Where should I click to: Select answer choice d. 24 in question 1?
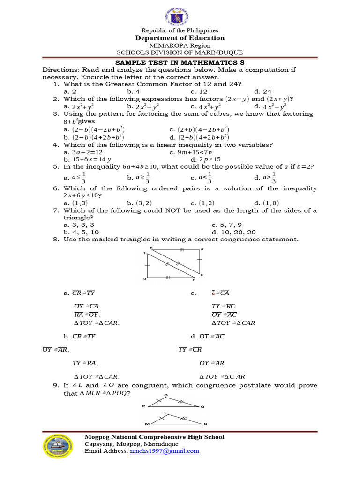coord(262,91)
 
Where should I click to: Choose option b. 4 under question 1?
coord(134,91)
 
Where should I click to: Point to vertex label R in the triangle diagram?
coord(151,248)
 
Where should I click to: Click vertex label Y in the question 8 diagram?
coord(193,281)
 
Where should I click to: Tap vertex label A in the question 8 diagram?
coord(202,249)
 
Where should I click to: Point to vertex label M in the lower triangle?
coord(147,424)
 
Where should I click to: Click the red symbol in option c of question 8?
coord(213,293)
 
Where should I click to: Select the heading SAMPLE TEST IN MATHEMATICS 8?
coord(180,62)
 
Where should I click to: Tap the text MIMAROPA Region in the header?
coord(180,45)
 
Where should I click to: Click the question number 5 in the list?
coord(55,166)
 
